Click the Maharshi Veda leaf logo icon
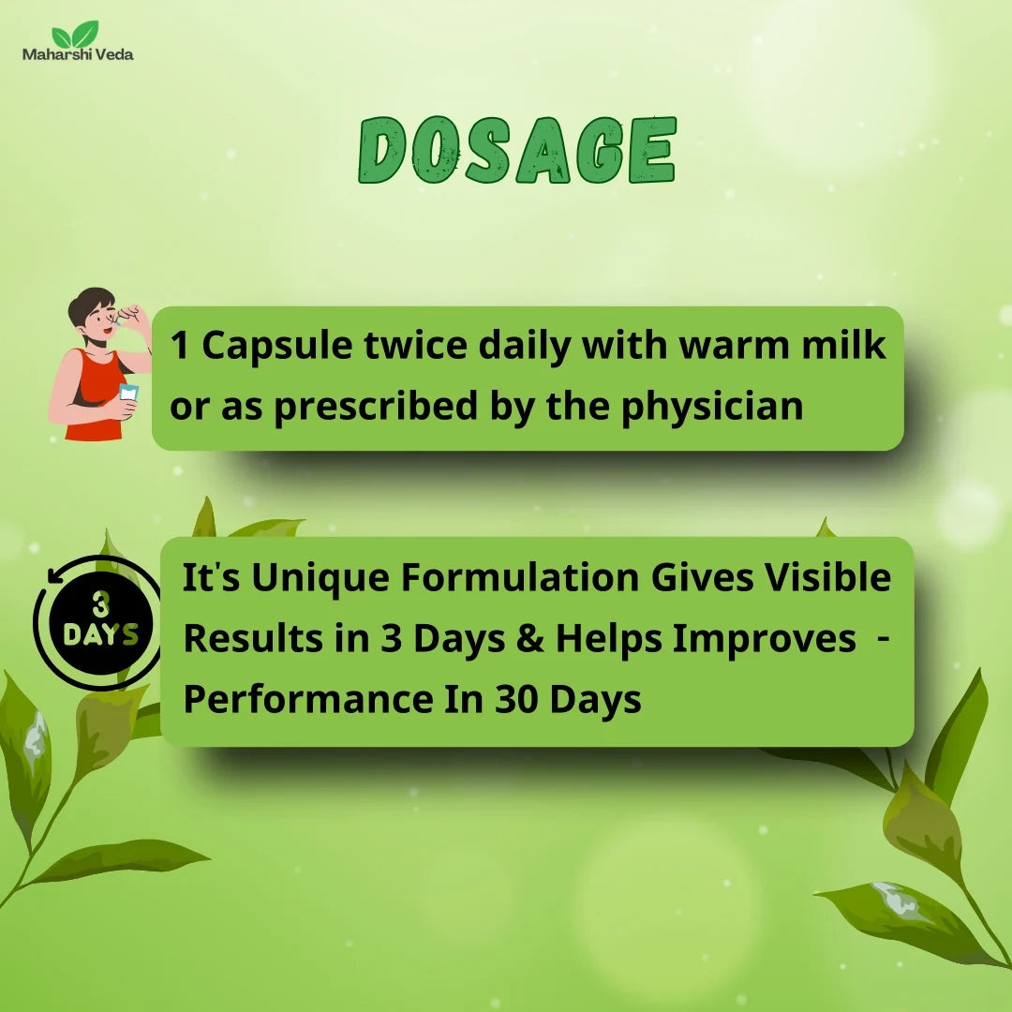(76, 34)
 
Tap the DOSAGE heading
(517, 150)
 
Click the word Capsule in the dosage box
(276, 346)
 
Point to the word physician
(712, 407)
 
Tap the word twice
(416, 345)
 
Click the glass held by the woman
(127, 393)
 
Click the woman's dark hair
(90, 305)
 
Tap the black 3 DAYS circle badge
(101, 622)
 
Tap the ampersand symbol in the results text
(529, 638)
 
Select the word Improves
(765, 639)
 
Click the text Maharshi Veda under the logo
(78, 54)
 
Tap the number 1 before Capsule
(179, 345)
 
